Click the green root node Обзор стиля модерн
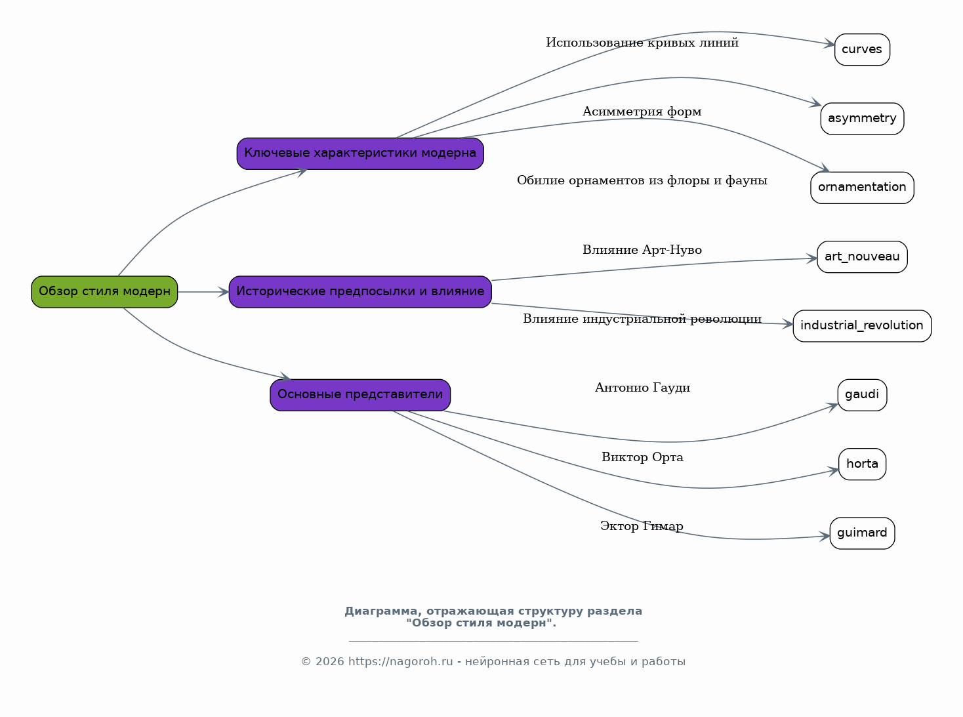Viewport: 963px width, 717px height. [x=104, y=292]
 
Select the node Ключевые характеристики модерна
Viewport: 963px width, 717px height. [x=360, y=154]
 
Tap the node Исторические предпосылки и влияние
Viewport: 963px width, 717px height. [x=360, y=292]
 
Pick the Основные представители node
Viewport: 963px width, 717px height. [x=360, y=395]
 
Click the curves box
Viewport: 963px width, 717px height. [x=862, y=49]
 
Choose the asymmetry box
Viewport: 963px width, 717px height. [x=862, y=119]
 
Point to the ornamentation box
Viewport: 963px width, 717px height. [x=862, y=188]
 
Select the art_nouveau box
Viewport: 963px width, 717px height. [x=862, y=256]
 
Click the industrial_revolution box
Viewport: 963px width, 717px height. [x=862, y=326]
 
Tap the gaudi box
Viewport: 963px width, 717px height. [x=862, y=395]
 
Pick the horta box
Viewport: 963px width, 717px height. [x=862, y=464]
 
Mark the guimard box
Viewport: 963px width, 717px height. [x=862, y=533]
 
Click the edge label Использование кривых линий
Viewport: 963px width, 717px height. [x=642, y=43]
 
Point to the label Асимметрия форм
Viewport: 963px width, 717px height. [x=642, y=112]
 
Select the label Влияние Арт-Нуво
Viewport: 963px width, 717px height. [x=642, y=250]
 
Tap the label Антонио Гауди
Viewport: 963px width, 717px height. [x=642, y=388]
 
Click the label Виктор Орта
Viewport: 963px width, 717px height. [x=642, y=457]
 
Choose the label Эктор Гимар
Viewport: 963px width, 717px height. [x=642, y=526]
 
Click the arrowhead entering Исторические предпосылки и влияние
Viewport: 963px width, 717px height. [x=224, y=292]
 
